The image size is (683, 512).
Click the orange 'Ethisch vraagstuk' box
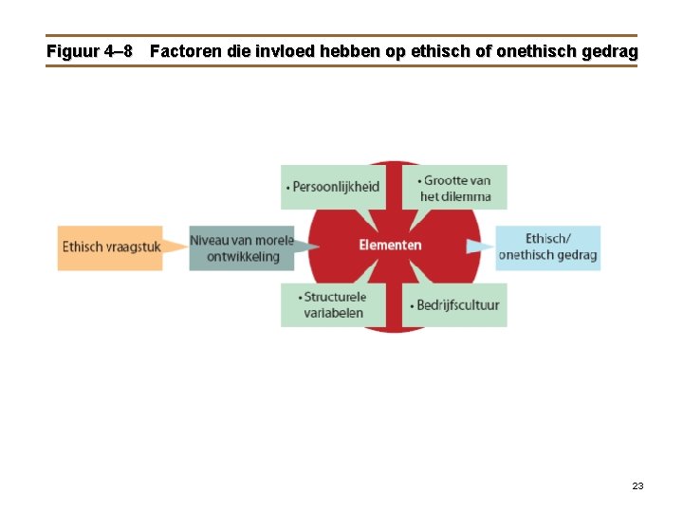tap(109, 247)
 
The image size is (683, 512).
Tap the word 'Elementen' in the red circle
tap(390, 246)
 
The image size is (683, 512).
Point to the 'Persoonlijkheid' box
tap(333, 187)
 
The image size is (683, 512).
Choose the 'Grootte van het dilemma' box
tap(456, 188)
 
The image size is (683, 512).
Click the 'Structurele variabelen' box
tap(333, 304)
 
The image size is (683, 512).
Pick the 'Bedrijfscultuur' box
tap(456, 305)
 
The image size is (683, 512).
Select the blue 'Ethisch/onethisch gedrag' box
tap(547, 247)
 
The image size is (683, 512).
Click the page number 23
tap(637, 485)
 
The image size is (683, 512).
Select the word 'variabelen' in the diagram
tap(333, 313)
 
